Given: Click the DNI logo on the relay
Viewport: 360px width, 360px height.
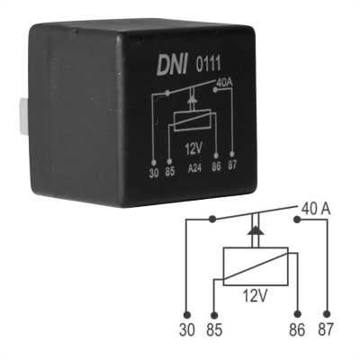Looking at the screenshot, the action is click(x=172, y=65).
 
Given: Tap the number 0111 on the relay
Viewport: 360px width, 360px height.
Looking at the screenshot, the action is click(x=208, y=64).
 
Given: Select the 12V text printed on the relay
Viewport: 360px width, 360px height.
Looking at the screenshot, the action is click(x=194, y=148).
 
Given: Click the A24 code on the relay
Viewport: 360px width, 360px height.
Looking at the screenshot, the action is click(x=194, y=169).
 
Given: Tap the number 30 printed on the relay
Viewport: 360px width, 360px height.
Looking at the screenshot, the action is click(x=154, y=174).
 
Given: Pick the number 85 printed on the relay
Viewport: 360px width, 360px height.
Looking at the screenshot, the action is click(x=169, y=173).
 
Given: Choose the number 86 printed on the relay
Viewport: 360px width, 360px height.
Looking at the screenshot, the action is click(x=216, y=166).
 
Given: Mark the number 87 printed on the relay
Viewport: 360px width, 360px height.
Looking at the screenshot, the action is click(x=232, y=165).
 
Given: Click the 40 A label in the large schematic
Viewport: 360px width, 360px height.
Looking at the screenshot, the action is click(x=316, y=209).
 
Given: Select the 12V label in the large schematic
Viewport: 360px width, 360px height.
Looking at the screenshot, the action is click(x=255, y=296).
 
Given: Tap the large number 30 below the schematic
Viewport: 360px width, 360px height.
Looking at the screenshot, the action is click(x=187, y=329).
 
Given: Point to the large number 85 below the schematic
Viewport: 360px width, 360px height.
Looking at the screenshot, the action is click(x=214, y=329).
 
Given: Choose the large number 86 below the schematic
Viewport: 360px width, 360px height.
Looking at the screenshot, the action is click(x=297, y=329).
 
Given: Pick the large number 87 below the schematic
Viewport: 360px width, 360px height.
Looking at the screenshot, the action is click(x=326, y=329).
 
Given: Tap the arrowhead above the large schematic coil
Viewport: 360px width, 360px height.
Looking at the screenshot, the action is click(x=256, y=230).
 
